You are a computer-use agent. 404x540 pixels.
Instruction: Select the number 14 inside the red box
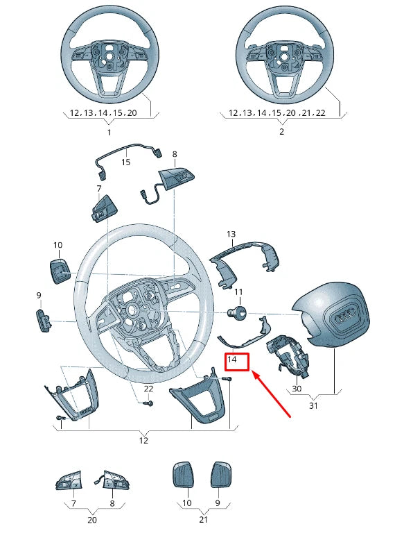(233, 360)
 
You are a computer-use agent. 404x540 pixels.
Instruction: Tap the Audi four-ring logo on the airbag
(344, 318)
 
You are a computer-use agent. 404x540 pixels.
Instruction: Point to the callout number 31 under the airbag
(313, 406)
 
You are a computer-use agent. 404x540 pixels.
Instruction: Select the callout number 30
(297, 389)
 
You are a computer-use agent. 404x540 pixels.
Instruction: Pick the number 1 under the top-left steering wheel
(109, 132)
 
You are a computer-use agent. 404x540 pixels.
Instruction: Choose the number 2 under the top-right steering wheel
(281, 132)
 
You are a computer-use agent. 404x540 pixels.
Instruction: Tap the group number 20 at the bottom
(92, 519)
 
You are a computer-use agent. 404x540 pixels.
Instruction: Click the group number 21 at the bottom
(203, 519)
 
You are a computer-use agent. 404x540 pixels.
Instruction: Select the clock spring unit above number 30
(287, 354)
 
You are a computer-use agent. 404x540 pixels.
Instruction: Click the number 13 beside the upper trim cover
(231, 235)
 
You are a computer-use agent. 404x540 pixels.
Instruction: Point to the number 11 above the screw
(238, 292)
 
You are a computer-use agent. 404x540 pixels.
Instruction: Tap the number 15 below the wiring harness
(125, 162)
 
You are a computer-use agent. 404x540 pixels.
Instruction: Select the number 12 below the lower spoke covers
(143, 440)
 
